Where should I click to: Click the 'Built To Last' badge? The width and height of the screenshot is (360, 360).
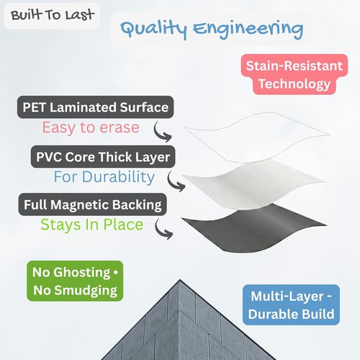click(52, 16)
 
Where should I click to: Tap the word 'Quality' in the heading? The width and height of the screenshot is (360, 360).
click(154, 30)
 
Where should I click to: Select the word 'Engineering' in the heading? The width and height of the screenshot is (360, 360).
click(248, 30)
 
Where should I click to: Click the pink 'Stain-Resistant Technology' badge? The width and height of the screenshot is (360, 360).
click(294, 74)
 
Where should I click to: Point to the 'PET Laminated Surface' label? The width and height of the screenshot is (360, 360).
click(95, 107)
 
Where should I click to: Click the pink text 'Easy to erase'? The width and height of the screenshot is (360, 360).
click(91, 127)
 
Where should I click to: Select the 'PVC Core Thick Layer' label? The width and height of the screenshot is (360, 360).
click(103, 157)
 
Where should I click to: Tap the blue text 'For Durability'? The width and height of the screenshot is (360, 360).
click(104, 177)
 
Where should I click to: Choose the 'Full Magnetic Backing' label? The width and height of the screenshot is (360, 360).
click(93, 204)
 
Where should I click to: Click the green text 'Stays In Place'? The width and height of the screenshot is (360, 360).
click(92, 225)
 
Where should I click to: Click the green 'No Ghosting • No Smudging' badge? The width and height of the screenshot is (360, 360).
click(75, 281)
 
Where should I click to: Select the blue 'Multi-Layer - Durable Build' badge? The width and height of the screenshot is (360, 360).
click(291, 305)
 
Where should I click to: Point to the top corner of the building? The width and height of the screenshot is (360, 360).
click(179, 280)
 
